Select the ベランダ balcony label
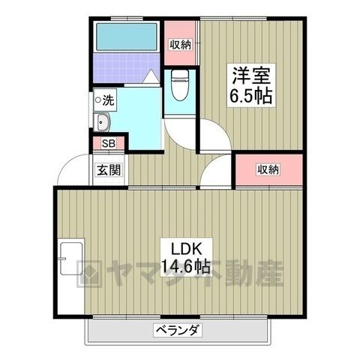pos(178,331)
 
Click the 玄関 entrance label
pos(109,170)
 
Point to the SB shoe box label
pos(109,143)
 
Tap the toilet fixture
pos(179,85)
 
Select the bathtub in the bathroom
pos(127,37)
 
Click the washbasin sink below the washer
pos(102,122)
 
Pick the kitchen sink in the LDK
pos(71,258)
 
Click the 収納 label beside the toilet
pos(181,45)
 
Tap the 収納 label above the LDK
pos(268,170)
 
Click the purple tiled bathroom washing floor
pos(126,67)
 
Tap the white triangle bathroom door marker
pos(151,76)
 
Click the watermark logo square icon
pos(88,274)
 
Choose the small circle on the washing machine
pos(98,100)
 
